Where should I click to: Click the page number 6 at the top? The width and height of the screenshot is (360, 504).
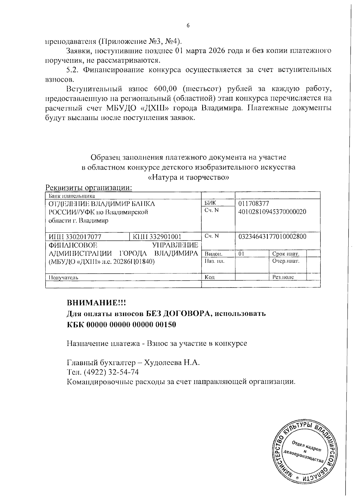(188, 26)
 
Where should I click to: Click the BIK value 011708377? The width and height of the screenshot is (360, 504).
(253, 204)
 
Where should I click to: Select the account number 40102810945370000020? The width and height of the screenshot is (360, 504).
(272, 212)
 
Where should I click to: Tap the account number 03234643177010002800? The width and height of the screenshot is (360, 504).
(272, 237)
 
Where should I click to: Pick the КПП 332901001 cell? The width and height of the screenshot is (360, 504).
(157, 237)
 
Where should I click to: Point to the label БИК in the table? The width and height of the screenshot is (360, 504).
(210, 203)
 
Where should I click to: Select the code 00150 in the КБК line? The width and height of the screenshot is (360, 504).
(166, 325)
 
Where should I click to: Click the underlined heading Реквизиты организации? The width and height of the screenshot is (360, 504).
(89, 188)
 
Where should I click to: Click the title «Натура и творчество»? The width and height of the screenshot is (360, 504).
(189, 177)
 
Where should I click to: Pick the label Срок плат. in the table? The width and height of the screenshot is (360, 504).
(285, 254)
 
